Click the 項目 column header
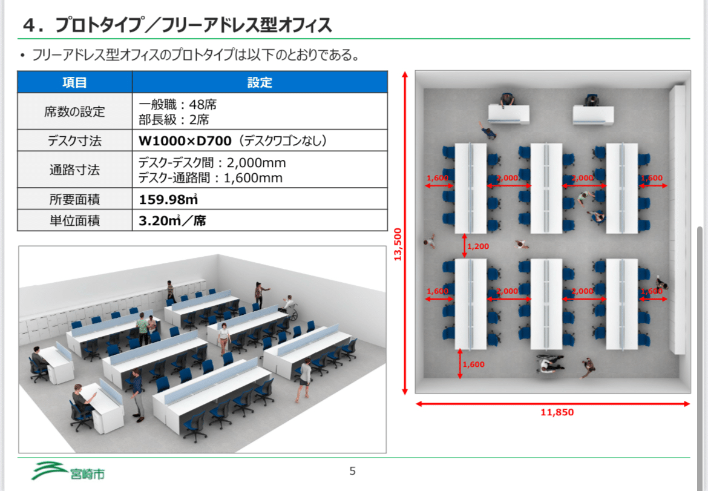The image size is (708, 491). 74,82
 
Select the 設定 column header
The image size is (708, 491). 260,82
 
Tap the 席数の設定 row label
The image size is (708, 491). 74,111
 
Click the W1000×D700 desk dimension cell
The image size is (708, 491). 185,141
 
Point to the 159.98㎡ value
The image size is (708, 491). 168,199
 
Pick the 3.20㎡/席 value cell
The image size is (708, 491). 172,220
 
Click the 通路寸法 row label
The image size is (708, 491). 74,170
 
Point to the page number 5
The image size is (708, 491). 353,471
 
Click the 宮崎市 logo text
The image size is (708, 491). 87,473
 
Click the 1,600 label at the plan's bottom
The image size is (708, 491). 473,364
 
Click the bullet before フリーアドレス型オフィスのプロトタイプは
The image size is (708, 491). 22,56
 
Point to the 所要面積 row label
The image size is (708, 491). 74,199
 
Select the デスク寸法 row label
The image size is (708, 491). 74,141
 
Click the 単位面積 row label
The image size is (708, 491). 74,220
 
